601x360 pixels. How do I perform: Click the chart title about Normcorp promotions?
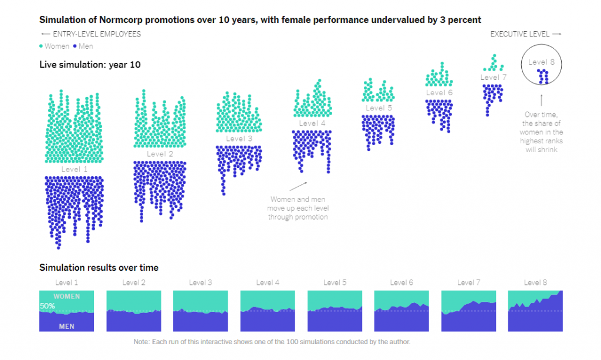[x=260, y=20]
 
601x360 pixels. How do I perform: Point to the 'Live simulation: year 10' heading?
[x=90, y=65]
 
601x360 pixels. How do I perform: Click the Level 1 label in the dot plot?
[x=75, y=169]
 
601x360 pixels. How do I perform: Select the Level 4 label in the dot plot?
[x=312, y=123]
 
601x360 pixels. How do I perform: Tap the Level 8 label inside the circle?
[x=541, y=62]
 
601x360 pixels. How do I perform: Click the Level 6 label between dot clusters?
[x=439, y=93]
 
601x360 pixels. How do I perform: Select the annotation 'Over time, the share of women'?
[x=541, y=132]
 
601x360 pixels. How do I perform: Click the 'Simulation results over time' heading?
[x=99, y=268]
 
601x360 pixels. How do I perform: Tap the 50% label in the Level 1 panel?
[x=48, y=306]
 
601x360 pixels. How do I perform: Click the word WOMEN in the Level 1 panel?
[x=66, y=297]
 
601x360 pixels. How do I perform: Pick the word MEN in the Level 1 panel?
[x=66, y=326]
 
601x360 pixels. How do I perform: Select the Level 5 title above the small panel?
[x=335, y=282]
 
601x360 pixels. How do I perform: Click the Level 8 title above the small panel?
[x=535, y=282]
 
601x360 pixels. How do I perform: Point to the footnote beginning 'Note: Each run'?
[x=272, y=342]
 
